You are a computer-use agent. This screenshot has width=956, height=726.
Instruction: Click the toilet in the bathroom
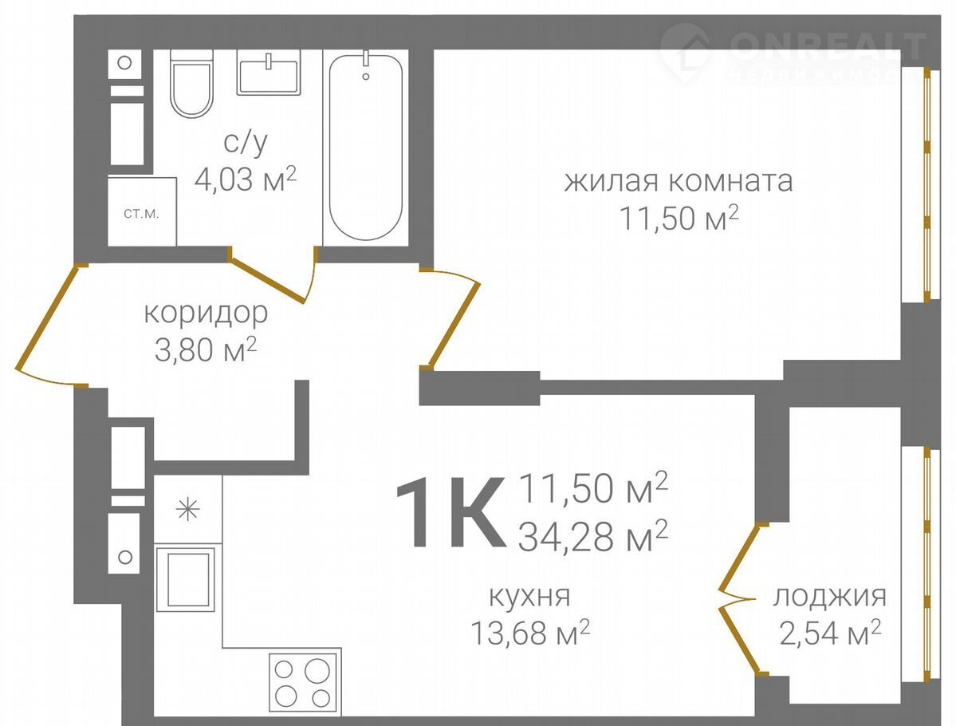pos(191,85)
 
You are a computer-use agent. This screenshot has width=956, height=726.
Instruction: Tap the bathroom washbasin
pos(268,73)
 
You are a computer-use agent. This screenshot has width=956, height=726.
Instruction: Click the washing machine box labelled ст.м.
pos(142,211)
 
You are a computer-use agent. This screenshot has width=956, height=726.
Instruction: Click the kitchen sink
pos(186,577)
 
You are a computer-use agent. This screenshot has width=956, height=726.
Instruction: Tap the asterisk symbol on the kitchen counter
pos(188,510)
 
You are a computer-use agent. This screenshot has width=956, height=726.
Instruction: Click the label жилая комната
pos(678,181)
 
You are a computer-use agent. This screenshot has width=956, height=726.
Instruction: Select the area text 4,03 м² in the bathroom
pos(245,180)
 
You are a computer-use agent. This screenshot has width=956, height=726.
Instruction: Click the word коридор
pos(206,314)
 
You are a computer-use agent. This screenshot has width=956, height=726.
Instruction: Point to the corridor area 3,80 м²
pos(206,349)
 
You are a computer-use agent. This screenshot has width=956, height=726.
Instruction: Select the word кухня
pos(529,596)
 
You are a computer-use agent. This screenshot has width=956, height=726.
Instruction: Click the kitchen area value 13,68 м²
pos(529,633)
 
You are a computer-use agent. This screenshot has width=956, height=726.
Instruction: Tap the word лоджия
pos(830,596)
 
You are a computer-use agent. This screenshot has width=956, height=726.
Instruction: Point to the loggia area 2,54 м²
pos(830,633)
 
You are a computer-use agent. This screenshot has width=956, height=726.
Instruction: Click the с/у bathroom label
pos(246,141)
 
